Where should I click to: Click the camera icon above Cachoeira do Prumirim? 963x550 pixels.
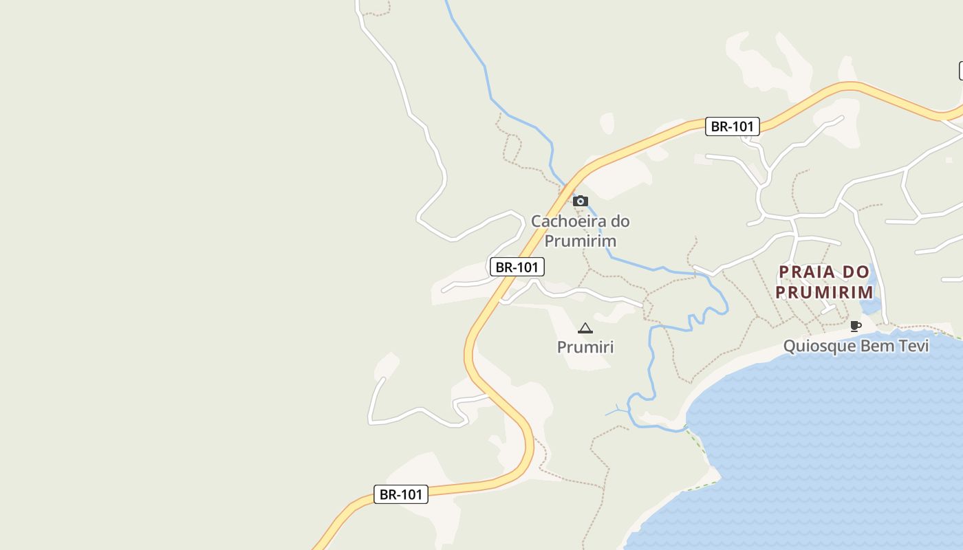(581, 201)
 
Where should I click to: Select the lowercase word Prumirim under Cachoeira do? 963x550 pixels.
(580, 241)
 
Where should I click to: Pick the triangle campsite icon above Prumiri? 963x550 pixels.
(585, 329)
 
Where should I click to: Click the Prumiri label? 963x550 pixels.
(585, 347)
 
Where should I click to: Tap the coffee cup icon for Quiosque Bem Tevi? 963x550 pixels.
(855, 326)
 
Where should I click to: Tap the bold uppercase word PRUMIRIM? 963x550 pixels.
(825, 292)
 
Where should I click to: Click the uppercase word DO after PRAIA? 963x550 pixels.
(856, 272)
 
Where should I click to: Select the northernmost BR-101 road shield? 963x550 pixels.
(733, 126)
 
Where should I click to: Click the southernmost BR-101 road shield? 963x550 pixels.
(400, 494)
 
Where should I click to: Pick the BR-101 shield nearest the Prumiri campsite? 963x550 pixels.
(517, 267)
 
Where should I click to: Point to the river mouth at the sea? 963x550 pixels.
(685, 429)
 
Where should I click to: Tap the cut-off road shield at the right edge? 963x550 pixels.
(960, 70)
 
